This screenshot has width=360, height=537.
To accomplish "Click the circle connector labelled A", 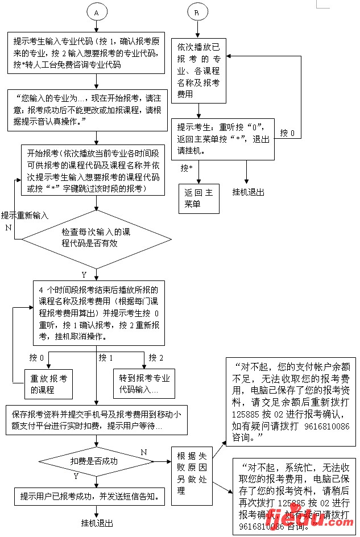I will (x=97, y=12).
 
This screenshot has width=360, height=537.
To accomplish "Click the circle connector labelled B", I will (x=197, y=12).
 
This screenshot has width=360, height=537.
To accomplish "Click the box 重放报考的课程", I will (x=49, y=384).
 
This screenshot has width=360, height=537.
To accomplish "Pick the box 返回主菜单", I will (x=198, y=199).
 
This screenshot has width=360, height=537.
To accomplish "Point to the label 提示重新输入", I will (x=24, y=216).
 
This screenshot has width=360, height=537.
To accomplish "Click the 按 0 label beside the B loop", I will (x=288, y=133).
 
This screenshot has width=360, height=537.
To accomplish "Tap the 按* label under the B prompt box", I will (x=187, y=168).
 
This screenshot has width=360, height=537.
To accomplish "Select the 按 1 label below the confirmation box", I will (x=106, y=358).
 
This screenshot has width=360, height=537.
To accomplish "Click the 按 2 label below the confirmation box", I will (x=156, y=358).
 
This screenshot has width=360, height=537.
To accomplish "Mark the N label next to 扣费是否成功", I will (x=144, y=452).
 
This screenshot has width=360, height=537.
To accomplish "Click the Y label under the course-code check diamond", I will (x=84, y=275).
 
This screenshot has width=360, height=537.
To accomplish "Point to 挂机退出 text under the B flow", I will (x=248, y=192).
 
